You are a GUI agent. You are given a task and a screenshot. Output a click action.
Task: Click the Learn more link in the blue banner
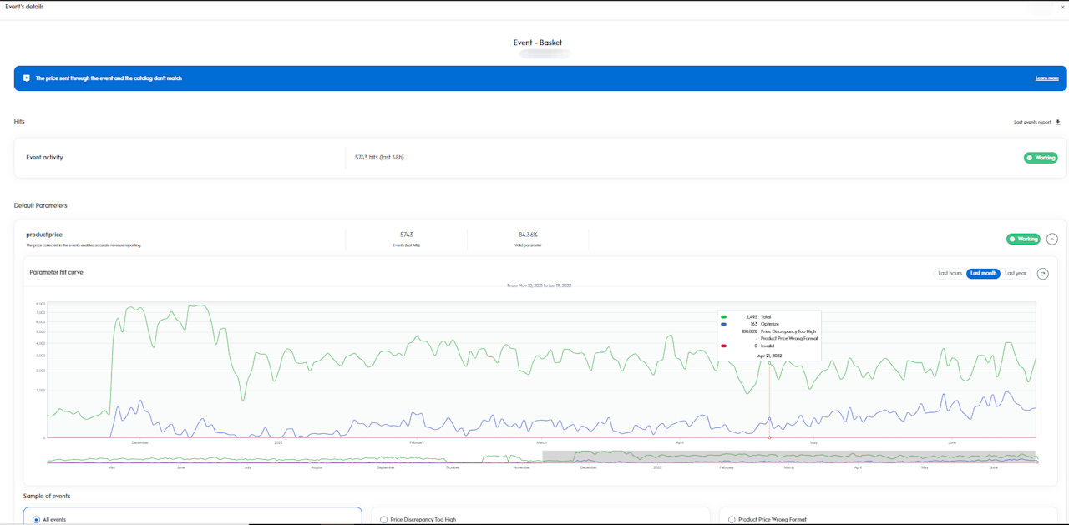click(1046, 78)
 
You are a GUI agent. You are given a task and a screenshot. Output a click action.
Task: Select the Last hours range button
click(950, 274)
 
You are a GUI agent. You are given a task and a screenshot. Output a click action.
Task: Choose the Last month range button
click(983, 274)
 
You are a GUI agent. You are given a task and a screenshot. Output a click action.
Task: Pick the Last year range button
click(1016, 274)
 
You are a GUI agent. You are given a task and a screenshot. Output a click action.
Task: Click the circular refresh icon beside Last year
click(1042, 274)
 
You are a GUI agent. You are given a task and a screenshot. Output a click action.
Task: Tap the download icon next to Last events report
click(1058, 122)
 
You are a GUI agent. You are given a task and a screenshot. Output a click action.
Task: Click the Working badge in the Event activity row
click(1041, 158)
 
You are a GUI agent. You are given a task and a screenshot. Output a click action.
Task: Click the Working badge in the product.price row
click(1023, 239)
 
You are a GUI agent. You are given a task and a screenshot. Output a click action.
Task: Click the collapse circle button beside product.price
click(1052, 239)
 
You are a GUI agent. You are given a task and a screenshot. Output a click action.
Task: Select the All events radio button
click(36, 520)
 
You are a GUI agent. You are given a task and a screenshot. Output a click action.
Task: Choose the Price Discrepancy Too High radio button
click(384, 520)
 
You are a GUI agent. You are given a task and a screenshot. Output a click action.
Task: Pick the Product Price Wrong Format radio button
click(732, 520)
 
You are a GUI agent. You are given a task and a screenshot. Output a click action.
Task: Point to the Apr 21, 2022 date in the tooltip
click(769, 356)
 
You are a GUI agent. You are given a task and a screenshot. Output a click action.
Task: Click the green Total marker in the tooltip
click(723, 317)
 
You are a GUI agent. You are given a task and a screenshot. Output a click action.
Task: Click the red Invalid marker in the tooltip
click(723, 346)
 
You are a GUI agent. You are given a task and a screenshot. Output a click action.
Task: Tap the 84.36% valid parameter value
click(528, 235)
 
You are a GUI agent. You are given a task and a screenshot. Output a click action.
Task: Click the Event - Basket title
click(538, 43)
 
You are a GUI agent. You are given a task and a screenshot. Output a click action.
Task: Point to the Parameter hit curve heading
click(56, 272)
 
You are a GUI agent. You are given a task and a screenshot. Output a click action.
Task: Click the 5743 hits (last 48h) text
click(379, 158)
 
